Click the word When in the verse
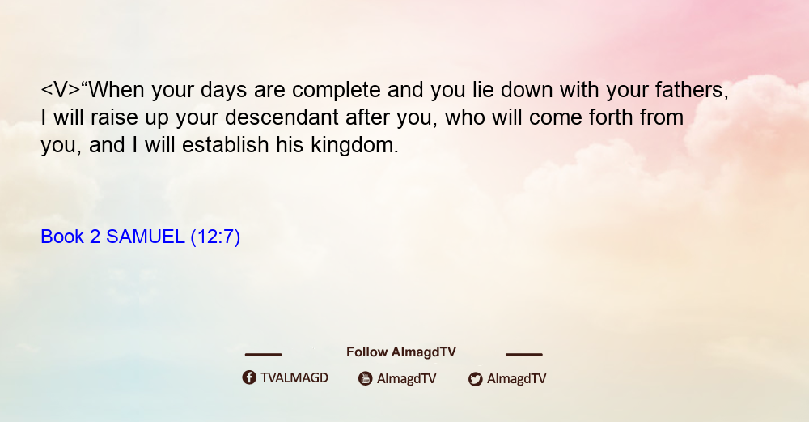116,90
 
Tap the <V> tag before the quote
61,90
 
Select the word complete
337,91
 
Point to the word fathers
692,91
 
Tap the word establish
226,145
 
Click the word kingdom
354,146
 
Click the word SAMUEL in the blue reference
146,237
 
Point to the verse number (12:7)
216,237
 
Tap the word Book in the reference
62,237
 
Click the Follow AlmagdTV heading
401,352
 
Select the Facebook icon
249,377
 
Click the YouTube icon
366,378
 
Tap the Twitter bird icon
476,379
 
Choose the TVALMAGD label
294,377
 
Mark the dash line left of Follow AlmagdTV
263,354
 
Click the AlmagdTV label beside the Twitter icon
516,378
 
